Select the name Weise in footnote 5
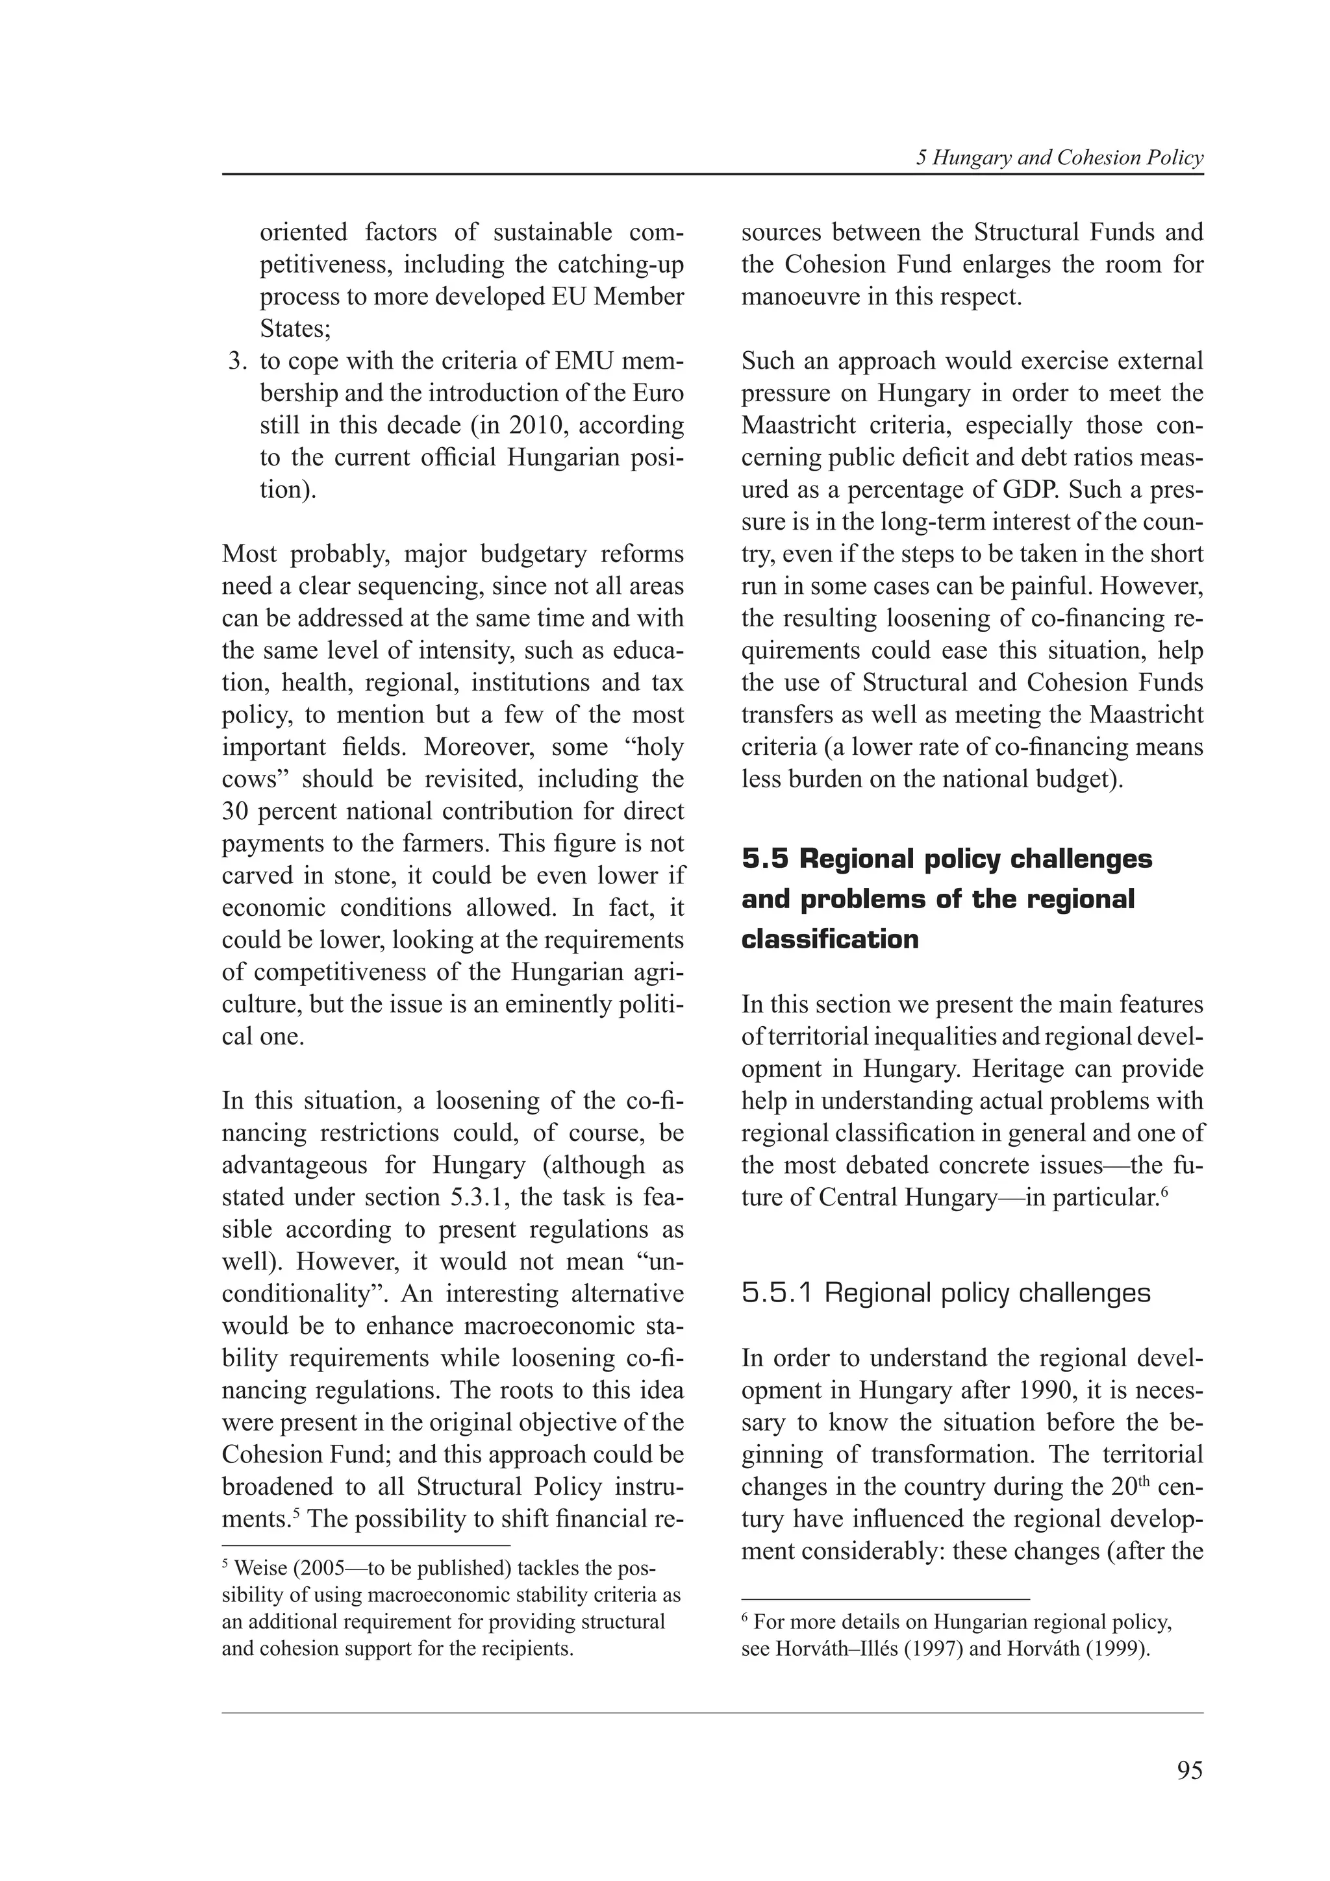tap(260, 1569)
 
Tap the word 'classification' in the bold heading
tap(829, 939)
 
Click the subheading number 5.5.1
tap(777, 1294)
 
